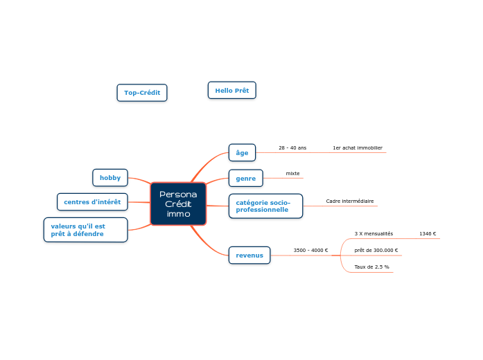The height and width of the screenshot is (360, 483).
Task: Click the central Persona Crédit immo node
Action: (178, 204)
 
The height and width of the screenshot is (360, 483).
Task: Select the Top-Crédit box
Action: (142, 93)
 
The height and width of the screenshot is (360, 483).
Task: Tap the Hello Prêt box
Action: (231, 90)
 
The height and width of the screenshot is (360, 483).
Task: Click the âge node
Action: (242, 152)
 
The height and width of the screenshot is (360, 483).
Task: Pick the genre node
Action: (245, 178)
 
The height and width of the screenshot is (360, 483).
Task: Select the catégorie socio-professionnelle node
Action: (265, 206)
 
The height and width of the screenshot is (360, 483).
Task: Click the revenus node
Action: (249, 255)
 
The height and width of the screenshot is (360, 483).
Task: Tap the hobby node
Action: (109, 177)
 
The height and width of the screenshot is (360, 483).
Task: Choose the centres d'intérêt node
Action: (92, 201)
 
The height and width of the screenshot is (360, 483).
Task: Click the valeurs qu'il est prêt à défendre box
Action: (85, 230)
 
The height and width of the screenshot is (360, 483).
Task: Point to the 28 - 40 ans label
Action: (292, 147)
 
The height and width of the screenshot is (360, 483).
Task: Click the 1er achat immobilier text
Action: (357, 147)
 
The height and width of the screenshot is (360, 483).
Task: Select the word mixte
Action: (292, 173)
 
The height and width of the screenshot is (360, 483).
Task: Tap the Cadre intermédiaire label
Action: (349, 201)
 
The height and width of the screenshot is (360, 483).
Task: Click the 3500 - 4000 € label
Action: (310, 250)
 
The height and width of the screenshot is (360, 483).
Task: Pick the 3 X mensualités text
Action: (374, 233)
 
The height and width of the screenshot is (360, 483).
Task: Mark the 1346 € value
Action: (428, 233)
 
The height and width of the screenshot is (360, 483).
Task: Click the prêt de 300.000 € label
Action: (376, 250)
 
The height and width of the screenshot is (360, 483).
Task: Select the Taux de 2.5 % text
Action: (371, 267)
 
